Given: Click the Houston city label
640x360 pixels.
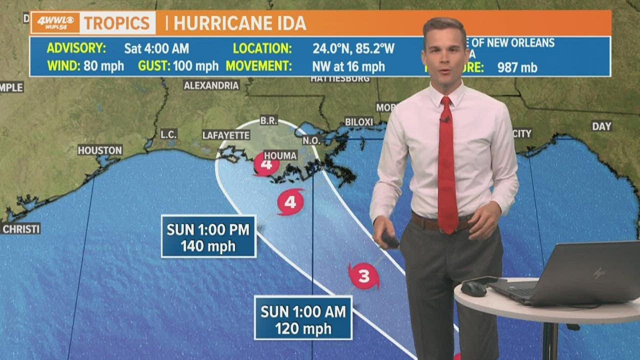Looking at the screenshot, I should (100, 150).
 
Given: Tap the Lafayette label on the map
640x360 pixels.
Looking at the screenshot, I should (226, 135).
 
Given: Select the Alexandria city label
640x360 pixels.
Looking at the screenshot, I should (211, 85).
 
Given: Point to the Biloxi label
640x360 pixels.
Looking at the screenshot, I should (359, 122).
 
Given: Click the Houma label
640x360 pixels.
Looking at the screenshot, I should (280, 155).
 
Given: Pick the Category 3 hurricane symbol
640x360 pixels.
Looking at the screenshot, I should (363, 276).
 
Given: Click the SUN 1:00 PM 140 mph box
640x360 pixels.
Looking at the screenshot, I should (208, 236).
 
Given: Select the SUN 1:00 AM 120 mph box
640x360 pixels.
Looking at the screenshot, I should (303, 318).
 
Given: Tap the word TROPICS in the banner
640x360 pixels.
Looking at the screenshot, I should (116, 23).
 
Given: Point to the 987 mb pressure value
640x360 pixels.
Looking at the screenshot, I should (517, 67).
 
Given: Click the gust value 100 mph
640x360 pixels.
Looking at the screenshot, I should (195, 66).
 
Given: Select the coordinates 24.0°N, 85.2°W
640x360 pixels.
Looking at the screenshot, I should (353, 48).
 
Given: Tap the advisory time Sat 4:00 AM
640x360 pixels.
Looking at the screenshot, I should (156, 48).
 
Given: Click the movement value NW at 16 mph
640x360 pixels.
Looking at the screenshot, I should (348, 66).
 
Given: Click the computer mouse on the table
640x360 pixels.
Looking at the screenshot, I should (473, 289).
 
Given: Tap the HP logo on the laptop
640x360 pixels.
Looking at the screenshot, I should (599, 273).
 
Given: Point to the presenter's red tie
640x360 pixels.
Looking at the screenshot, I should (447, 170).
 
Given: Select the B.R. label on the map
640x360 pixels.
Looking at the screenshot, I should (268, 120).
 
